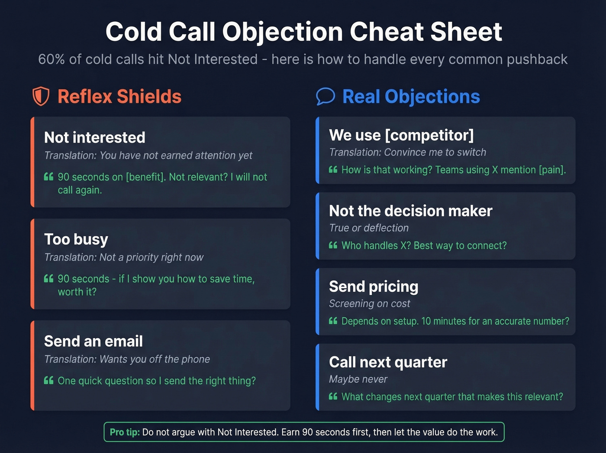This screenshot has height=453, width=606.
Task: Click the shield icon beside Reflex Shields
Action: [41, 96]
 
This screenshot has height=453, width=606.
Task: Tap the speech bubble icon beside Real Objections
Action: [326, 96]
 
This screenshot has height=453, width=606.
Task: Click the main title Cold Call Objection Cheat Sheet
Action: [303, 32]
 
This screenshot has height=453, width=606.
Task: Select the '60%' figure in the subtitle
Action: [51, 59]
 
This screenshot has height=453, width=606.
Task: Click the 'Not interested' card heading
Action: [94, 137]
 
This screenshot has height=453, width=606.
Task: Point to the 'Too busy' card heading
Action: [76, 239]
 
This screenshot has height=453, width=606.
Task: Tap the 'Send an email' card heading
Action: [93, 341]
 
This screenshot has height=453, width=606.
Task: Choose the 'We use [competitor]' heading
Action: [401, 135]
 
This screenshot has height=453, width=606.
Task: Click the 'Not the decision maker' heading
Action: [410, 211]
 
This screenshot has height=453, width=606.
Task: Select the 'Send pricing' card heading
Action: [374, 287]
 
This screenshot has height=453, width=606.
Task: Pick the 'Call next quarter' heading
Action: [388, 362]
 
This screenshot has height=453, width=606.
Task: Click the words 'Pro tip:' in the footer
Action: [125, 432]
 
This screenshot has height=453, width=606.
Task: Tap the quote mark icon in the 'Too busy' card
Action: [48, 278]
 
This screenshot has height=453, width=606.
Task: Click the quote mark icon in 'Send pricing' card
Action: [333, 321]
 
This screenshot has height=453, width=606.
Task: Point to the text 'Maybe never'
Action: [358, 379]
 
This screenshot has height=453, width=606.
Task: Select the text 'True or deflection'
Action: [369, 228]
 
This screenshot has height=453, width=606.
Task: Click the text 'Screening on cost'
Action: [369, 303]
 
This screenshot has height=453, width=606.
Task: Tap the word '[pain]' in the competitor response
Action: [552, 170]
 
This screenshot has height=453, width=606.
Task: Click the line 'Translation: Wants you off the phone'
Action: [127, 359]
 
